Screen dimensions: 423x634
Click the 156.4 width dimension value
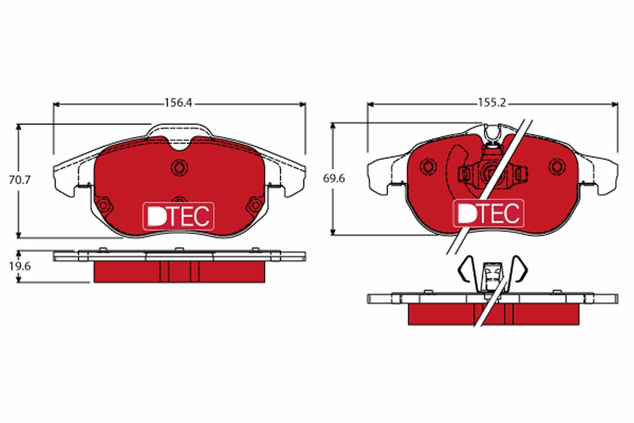click(178, 104)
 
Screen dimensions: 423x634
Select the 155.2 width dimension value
click(492, 104)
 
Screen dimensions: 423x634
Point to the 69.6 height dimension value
click(334, 179)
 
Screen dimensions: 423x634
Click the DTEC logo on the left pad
click(179, 216)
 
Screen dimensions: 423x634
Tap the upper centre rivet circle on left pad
click(179, 168)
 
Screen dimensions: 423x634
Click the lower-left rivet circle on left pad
click(104, 205)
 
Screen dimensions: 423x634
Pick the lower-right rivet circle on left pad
click(255, 205)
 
